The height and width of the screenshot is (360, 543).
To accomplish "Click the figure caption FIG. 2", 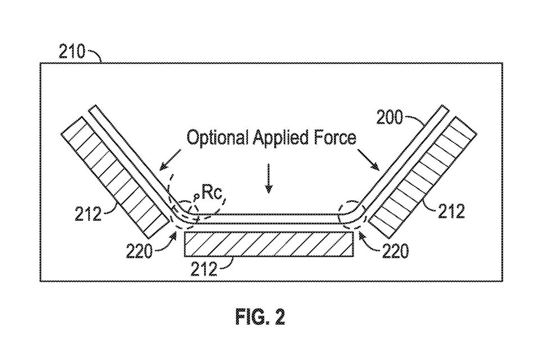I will click(259, 317).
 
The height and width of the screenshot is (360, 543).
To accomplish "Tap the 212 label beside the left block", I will click(88, 214).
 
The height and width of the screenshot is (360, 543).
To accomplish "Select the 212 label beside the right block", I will click(451, 211).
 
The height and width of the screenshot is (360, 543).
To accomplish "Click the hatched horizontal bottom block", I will click(269, 244).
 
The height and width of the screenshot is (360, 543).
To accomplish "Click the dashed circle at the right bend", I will click(351, 214).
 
